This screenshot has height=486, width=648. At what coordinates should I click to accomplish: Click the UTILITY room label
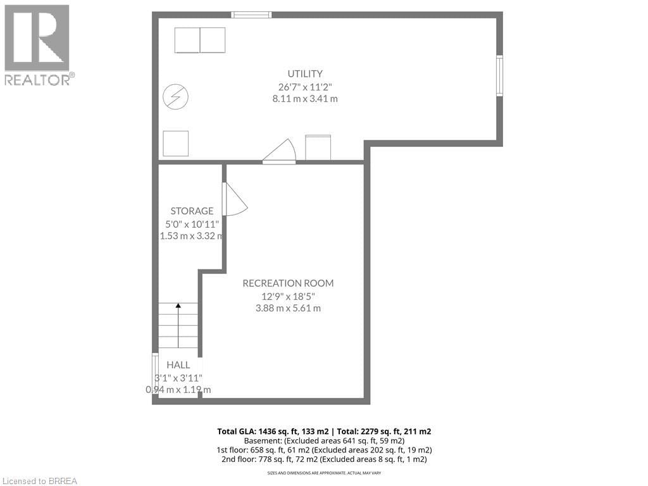(x=305, y=73)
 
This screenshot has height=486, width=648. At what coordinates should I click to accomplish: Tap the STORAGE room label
(x=192, y=211)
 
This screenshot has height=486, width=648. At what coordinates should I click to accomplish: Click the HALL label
(x=178, y=365)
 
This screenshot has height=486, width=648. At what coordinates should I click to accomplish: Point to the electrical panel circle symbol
(x=175, y=96)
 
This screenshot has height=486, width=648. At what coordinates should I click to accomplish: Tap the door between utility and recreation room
(x=280, y=153)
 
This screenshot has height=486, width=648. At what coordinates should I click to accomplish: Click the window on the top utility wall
(x=251, y=15)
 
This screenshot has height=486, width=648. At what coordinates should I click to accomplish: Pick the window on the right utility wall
(x=499, y=76)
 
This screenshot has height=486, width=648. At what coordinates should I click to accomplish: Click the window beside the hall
(x=155, y=373)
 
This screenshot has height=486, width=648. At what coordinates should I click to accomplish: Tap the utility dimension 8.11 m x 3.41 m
(x=304, y=99)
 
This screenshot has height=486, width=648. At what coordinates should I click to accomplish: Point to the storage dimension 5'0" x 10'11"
(x=192, y=223)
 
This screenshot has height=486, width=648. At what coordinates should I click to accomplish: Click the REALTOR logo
(x=37, y=44)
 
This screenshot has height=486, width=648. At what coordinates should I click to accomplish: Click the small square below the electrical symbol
(x=175, y=143)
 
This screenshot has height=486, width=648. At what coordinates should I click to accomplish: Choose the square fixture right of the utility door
(x=318, y=147)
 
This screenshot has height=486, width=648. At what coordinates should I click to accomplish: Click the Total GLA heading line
(x=324, y=431)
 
